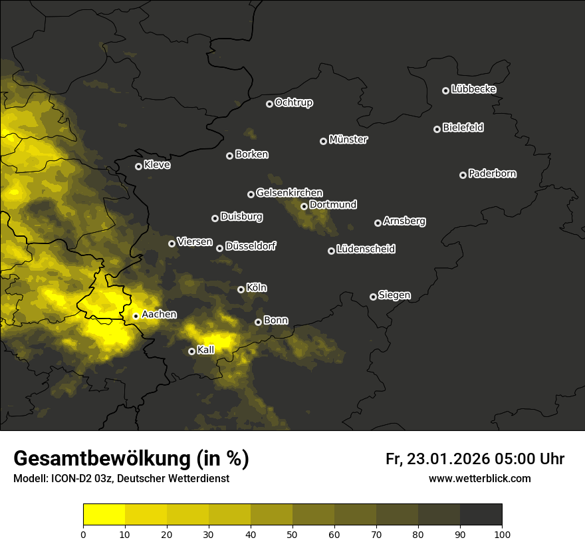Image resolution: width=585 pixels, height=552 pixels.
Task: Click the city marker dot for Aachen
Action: pyautogui.click(x=136, y=316)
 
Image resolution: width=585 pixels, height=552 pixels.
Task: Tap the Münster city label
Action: pyautogui.click(x=348, y=140)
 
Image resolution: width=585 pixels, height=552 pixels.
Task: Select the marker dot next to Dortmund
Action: pyautogui.click(x=304, y=206)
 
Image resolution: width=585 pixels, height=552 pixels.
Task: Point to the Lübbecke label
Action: pyautogui.click(x=473, y=89)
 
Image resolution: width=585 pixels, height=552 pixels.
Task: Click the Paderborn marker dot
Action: pyautogui.click(x=463, y=175)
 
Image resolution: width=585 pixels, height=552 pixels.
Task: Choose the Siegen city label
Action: pyautogui.click(x=394, y=295)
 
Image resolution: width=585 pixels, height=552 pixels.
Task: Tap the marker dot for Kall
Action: pyautogui.click(x=191, y=351)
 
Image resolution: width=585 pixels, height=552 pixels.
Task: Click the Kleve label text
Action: pyautogui.click(x=157, y=165)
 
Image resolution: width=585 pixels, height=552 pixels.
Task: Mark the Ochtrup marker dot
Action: pyautogui.click(x=269, y=104)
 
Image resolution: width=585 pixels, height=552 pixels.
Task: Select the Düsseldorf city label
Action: pyautogui.click(x=251, y=246)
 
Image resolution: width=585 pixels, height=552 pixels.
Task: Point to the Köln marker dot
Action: pyautogui.click(x=241, y=289)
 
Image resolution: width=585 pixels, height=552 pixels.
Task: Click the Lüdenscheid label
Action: pyautogui.click(x=366, y=249)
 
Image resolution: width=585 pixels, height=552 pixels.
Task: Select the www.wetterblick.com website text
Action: pyautogui.click(x=479, y=478)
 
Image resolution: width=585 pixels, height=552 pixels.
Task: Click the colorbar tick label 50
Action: pyautogui.click(x=292, y=533)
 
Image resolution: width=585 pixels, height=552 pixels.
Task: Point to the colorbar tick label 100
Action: pyautogui.click(x=502, y=533)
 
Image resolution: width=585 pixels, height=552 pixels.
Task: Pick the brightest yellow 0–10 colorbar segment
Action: pyautogui.click(x=104, y=514)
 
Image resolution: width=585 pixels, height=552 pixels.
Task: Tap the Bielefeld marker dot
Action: pyautogui.click(x=437, y=129)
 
